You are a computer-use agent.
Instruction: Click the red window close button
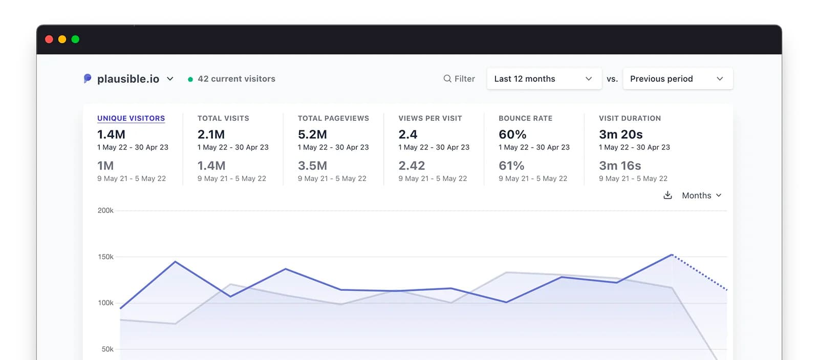(x=49, y=39)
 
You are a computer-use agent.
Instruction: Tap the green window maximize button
(x=75, y=39)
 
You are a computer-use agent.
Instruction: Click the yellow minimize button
(x=62, y=39)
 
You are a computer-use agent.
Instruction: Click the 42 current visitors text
(x=236, y=79)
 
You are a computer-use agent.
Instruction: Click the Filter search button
(x=459, y=79)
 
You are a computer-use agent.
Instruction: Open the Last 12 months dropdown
(x=544, y=79)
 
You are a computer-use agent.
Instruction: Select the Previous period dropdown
(x=677, y=79)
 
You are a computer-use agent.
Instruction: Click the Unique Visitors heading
(x=131, y=118)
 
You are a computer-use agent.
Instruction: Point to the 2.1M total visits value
(x=211, y=135)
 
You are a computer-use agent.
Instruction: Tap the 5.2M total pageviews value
(x=312, y=135)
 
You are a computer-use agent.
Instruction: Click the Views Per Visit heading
(x=430, y=118)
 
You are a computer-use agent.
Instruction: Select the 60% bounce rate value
(x=512, y=135)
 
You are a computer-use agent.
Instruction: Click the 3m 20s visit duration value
(x=620, y=135)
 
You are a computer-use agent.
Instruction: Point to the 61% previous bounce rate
(x=511, y=166)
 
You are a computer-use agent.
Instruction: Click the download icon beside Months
(x=667, y=195)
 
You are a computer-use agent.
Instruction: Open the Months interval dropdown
(x=701, y=196)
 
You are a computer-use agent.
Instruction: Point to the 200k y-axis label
(x=105, y=210)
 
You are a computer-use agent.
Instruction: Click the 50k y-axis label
(x=107, y=349)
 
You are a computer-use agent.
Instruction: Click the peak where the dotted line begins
(x=672, y=255)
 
